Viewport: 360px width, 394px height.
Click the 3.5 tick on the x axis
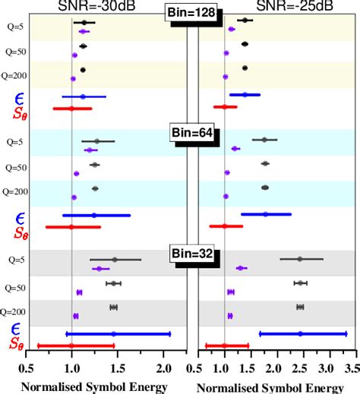(350, 369)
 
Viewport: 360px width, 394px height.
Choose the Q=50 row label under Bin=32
(15, 288)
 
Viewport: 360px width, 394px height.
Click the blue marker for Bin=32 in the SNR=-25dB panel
(300, 333)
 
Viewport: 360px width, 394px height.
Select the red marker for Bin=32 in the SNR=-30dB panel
(71, 345)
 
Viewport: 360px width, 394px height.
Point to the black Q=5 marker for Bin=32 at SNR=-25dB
(300, 259)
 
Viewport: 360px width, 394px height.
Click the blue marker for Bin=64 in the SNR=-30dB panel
(94, 215)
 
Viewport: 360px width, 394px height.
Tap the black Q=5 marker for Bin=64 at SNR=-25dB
(264, 140)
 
